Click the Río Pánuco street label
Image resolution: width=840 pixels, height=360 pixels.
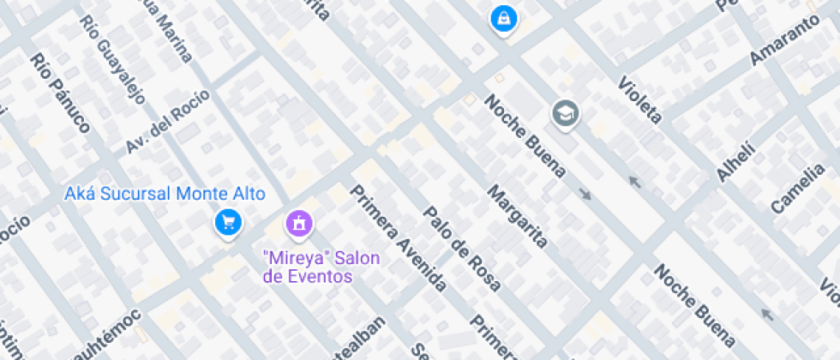(59, 93)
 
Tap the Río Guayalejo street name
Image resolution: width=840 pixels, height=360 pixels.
(112, 58)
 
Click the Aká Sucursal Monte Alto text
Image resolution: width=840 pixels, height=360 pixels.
(165, 194)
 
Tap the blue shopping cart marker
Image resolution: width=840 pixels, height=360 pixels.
(228, 223)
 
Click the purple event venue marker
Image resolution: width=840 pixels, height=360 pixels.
(299, 224)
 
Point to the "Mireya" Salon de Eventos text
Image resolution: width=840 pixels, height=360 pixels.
(310, 267)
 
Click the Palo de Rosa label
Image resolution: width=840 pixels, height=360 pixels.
(462, 249)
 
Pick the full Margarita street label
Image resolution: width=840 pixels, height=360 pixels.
(517, 215)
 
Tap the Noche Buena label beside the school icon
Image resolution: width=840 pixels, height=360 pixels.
(525, 136)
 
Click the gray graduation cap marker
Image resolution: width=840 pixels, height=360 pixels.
(565, 112)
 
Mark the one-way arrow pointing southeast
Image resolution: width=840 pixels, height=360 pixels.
(585, 194)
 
